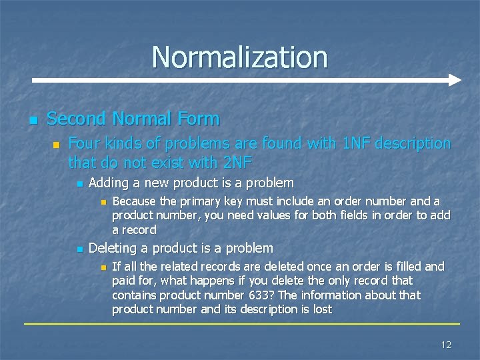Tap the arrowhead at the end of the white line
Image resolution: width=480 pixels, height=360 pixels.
pos(454,80)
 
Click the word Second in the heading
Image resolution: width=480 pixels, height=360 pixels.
pos(76,119)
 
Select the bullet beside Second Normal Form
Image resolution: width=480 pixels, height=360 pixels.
pos(32,121)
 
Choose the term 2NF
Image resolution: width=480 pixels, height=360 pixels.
pos(236,162)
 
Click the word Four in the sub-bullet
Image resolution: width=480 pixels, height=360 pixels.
pos(85,143)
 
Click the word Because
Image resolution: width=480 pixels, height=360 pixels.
pos(134,201)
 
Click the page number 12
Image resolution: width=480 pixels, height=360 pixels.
pos(446,344)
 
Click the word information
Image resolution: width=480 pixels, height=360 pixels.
pos(331,295)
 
